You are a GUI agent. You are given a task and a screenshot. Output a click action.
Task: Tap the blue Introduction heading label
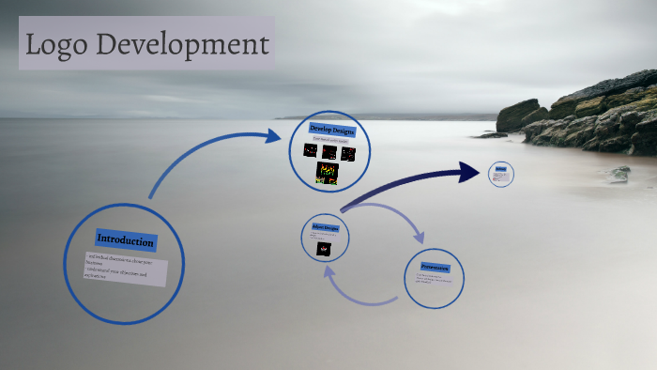point(125,240)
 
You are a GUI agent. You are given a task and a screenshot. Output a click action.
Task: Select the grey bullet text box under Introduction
point(126,268)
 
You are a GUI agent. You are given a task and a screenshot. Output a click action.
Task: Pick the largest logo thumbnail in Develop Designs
point(327,173)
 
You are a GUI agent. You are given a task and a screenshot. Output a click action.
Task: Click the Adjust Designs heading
point(325,228)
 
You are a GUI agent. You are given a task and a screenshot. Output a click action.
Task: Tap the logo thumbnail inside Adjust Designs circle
point(325,248)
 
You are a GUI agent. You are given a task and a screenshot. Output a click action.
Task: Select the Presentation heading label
point(435,267)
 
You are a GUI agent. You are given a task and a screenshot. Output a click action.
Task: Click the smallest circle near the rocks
point(501,174)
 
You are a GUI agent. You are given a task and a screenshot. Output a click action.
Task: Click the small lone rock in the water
point(619,173)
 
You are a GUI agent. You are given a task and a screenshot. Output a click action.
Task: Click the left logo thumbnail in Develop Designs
point(311,150)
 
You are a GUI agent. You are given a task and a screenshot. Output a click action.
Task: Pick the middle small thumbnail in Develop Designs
point(329,151)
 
